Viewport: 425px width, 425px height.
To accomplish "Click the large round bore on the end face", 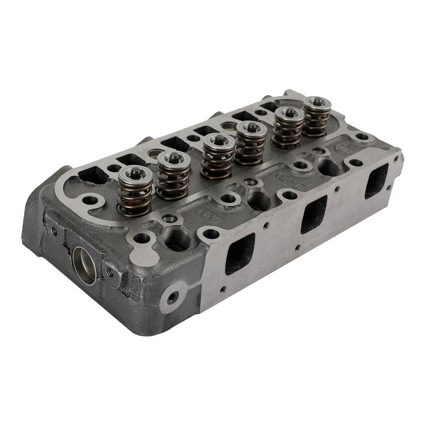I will tap(85, 265).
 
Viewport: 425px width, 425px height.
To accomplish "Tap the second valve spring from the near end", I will tap(173, 175).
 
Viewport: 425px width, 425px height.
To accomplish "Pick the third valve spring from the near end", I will tap(217, 158).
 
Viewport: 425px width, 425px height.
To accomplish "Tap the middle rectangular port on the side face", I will tap(313, 213).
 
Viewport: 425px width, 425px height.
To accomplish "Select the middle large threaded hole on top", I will tap(260, 199).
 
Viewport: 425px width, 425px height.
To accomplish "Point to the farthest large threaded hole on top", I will tap(329, 168).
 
